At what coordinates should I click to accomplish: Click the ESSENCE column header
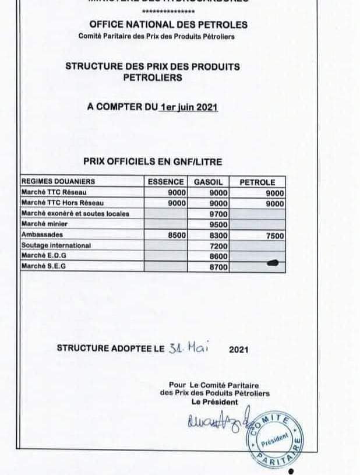click(x=166, y=182)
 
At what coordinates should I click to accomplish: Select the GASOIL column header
click(x=208, y=182)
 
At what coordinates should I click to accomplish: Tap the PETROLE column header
click(x=257, y=182)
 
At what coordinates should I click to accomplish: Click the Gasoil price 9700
click(x=217, y=214)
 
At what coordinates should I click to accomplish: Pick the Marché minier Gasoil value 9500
click(x=217, y=224)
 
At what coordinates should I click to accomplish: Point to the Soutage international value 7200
click(x=217, y=245)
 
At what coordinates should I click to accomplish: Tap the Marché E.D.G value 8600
click(x=217, y=256)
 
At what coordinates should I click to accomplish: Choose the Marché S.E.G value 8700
click(x=217, y=266)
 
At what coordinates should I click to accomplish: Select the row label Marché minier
click(x=44, y=224)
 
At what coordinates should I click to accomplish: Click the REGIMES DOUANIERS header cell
click(x=58, y=182)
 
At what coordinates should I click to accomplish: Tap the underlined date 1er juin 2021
click(x=189, y=107)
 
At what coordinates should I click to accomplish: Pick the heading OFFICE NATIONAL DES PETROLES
click(x=168, y=24)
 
